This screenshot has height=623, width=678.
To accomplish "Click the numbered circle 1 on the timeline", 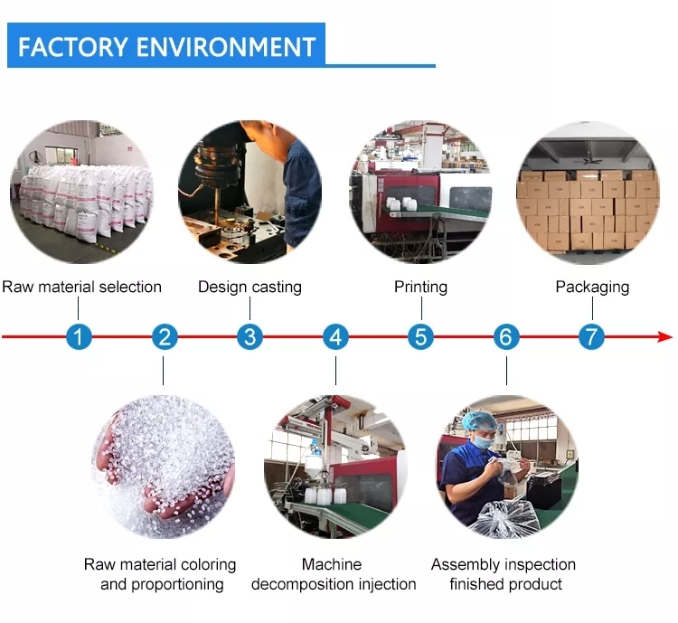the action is tap(79, 336).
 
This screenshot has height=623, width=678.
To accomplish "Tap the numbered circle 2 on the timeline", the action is tap(165, 336).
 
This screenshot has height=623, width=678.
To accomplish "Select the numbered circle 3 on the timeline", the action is tap(250, 336).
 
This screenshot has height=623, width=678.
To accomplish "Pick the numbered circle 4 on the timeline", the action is tap(335, 336).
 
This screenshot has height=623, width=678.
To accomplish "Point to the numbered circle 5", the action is tap(420, 336).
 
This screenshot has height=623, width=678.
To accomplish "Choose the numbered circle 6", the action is tap(506, 336).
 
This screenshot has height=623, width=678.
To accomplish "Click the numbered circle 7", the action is tap(591, 336).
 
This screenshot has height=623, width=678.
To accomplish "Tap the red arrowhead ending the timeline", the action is tap(665, 336).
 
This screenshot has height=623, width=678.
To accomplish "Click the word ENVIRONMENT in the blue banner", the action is tap(226, 47).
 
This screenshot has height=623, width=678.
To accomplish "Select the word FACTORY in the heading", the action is tap(73, 47).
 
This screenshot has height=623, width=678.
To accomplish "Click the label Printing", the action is tap(420, 288).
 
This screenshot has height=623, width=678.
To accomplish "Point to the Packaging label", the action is tap(592, 288).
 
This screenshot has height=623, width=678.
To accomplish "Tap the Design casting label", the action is tap(250, 288).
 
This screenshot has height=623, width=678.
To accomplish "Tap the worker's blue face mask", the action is tap(484, 441).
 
